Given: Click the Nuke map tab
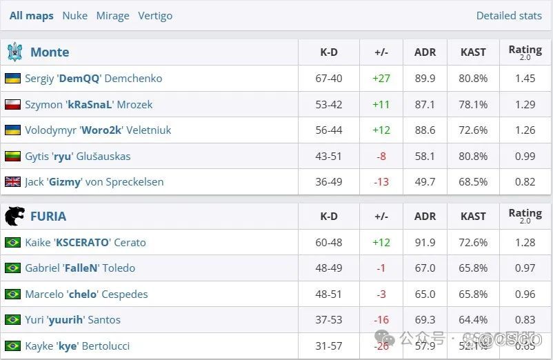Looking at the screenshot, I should tap(74, 15).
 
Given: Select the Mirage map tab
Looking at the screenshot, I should tap(112, 15).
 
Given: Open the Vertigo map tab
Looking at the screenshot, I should tap(155, 15).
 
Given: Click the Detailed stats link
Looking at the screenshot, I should tap(509, 15).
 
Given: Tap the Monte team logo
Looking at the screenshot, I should tap(14, 52).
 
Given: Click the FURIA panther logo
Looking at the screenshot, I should tap(14, 216).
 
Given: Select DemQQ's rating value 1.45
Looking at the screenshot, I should tap(525, 78).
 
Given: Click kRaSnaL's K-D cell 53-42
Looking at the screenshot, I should tap(329, 104).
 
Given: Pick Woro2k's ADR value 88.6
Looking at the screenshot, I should tap(425, 130).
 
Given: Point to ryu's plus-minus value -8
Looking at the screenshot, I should tap(381, 156).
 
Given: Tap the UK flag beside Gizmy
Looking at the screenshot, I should tap(12, 181).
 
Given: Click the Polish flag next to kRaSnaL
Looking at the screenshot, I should tap(12, 104).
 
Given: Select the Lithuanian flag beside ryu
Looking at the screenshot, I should tap(12, 156).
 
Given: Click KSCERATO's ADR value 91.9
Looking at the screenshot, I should tap(425, 242).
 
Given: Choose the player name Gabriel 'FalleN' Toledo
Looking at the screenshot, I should tap(80, 268).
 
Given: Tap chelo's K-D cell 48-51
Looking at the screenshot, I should tap(329, 294).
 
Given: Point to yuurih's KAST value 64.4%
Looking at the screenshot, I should tap(473, 319).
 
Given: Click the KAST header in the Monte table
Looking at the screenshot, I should tap(473, 52).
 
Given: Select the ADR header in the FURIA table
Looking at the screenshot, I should tap(425, 216).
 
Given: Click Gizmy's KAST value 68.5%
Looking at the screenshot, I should tap(473, 181).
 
